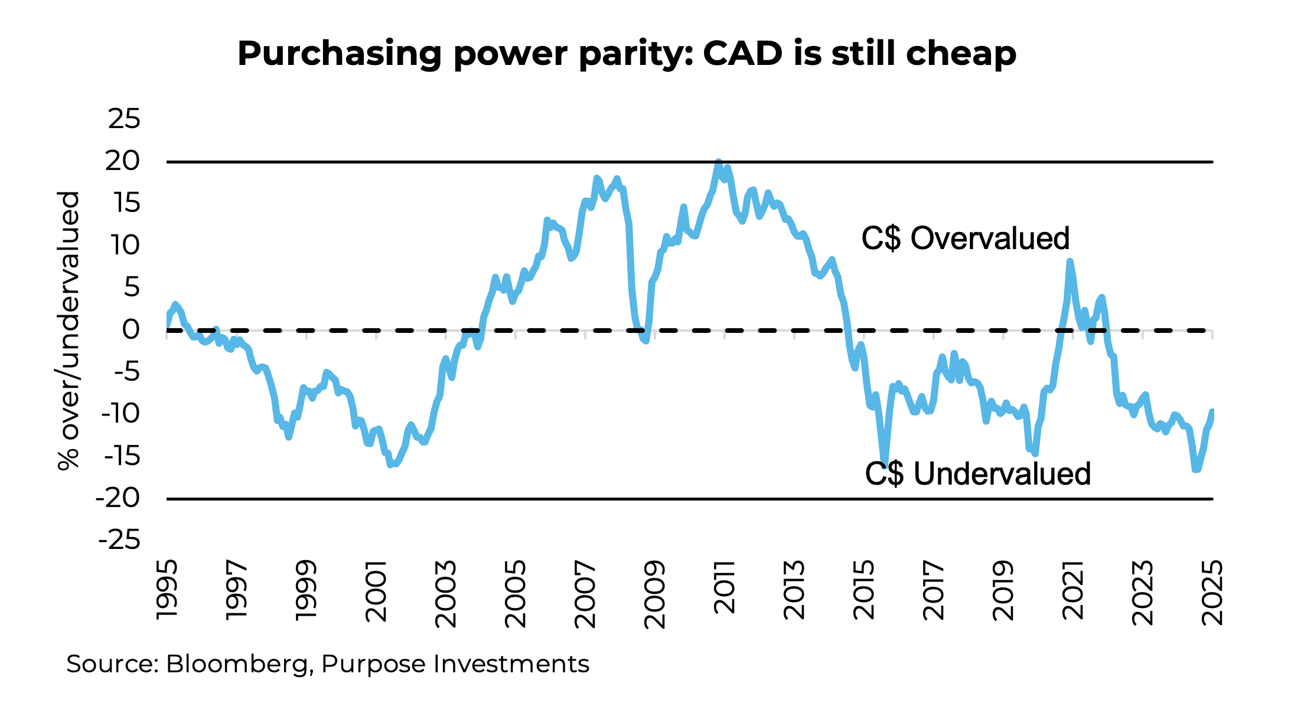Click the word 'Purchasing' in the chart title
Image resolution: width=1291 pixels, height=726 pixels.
[x=339, y=54]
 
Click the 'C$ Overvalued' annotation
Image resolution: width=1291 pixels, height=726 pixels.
[x=965, y=238]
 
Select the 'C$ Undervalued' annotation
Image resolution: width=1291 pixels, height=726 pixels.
[x=977, y=474]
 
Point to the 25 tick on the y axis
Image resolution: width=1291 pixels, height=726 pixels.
[x=125, y=119]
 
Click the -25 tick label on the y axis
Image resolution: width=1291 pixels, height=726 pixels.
[x=120, y=540]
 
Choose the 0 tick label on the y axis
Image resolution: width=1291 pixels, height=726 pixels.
[x=131, y=330]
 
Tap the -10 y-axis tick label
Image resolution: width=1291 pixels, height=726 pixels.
[x=121, y=414]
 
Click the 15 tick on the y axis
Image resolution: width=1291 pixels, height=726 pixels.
[x=126, y=204]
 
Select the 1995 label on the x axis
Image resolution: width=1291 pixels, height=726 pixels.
[x=167, y=590]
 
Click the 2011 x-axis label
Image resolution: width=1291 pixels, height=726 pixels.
[x=725, y=587]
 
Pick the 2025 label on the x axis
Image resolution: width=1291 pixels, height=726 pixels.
[x=1212, y=592]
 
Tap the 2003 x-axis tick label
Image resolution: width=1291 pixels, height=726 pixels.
[x=446, y=594]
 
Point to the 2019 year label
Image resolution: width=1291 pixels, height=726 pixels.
[x=1003, y=590]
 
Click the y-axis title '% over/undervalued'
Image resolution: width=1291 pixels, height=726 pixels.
[x=69, y=331]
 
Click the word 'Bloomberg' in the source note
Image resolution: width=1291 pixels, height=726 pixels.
[x=239, y=665]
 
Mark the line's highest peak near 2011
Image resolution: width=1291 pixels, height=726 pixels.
[x=718, y=162]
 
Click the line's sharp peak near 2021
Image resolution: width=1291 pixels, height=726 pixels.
[x=1070, y=261]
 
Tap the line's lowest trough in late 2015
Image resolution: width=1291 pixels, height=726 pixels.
[x=885, y=465]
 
